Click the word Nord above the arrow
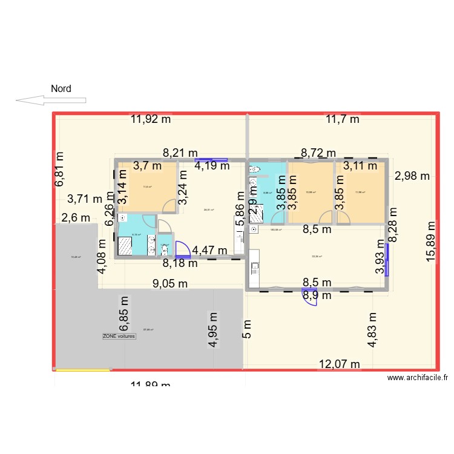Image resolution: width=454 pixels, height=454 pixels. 61,88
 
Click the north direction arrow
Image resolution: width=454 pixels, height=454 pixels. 51,100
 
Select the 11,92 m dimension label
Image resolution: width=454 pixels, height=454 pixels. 151,119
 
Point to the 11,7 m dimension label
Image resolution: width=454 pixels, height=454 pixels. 343,119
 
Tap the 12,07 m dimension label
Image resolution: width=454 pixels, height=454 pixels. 340,364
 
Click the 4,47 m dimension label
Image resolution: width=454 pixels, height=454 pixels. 209,250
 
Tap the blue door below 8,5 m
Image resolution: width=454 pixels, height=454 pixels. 309,298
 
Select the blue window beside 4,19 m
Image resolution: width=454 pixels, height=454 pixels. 211,160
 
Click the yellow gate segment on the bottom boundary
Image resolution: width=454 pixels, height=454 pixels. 82,369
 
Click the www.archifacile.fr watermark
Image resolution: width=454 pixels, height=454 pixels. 418,378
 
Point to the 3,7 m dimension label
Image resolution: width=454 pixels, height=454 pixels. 148,165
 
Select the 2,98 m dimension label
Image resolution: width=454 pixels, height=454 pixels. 412,177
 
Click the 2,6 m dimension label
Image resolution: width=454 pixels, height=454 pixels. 76,218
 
